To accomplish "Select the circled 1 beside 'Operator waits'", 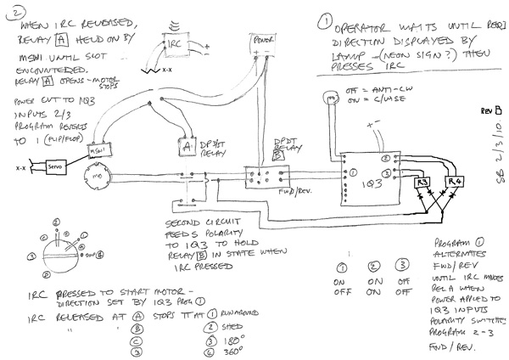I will (327, 18).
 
